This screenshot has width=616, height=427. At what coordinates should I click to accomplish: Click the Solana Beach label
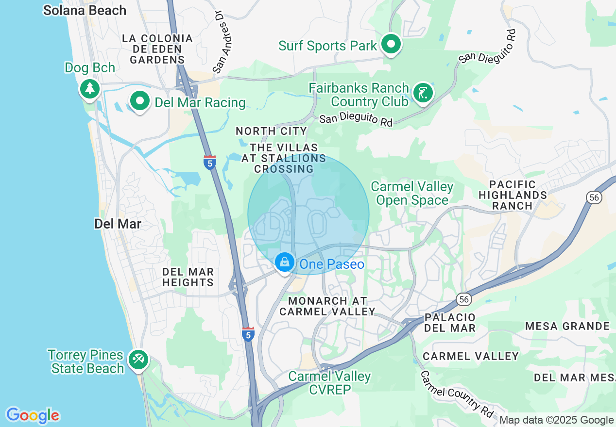85,10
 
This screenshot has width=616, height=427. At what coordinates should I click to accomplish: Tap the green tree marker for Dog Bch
89,88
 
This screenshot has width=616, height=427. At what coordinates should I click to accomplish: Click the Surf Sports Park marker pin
391,44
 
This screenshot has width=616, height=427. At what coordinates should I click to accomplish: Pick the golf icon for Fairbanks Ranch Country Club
423,93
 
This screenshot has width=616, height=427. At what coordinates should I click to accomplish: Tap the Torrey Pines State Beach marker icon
138,361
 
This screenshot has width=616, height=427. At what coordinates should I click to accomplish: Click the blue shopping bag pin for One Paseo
284,263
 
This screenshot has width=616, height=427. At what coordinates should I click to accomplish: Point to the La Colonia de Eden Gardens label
157,49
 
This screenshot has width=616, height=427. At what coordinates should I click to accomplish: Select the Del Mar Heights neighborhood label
188,277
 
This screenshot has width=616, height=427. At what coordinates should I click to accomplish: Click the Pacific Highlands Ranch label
513,195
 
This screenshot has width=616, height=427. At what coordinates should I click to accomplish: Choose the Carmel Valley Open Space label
412,193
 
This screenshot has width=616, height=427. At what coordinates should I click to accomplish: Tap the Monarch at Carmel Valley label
327,306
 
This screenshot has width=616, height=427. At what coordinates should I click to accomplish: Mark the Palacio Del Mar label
450,323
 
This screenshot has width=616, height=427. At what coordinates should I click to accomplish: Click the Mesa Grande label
567,326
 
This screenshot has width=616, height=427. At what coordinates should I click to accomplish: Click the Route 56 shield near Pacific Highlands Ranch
593,197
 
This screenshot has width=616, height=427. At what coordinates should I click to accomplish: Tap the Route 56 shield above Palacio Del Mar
464,299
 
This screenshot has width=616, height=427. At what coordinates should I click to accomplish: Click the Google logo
33,415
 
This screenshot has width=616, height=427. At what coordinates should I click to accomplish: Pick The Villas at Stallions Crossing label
284,158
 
